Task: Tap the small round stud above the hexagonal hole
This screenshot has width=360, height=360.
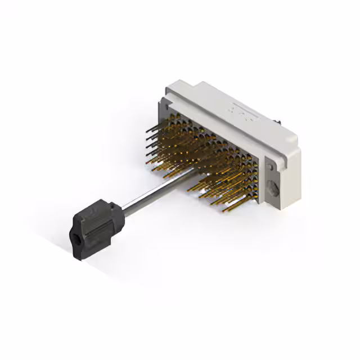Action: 270,166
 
